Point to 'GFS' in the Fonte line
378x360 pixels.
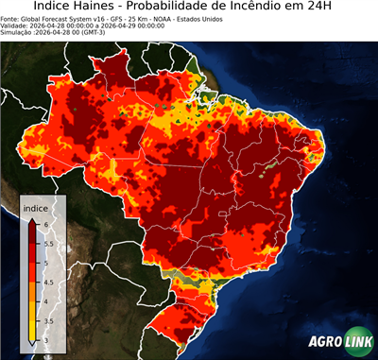click(109, 19)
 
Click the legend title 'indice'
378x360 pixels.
click(35, 207)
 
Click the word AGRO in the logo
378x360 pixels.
click(327, 342)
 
